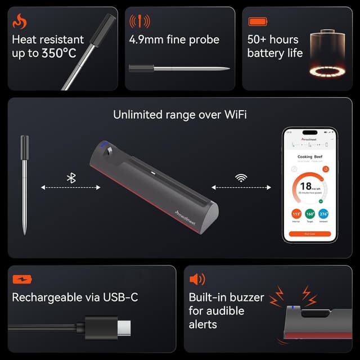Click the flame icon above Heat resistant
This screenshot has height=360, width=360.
19,21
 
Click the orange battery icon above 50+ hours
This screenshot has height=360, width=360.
258,21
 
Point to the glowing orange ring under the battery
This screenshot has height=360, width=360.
328,71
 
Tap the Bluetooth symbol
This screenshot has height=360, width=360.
71,178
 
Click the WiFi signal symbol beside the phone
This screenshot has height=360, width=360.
241,178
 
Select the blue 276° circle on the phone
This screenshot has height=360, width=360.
324,214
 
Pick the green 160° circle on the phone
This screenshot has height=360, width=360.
310,214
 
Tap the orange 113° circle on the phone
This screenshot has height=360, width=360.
296,214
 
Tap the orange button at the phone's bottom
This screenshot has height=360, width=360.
310,233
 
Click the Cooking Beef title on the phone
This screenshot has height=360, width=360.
309,156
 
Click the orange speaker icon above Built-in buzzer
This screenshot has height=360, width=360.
197,279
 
